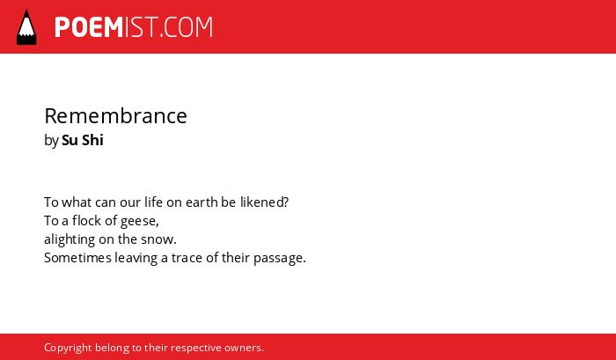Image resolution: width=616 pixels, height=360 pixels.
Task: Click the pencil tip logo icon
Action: click(26, 27)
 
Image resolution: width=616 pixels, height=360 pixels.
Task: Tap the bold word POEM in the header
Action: click(89, 27)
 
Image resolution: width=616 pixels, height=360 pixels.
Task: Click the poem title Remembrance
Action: click(115, 115)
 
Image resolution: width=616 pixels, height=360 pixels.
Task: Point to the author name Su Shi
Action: click(83, 140)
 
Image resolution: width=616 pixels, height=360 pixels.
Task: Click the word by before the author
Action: click(51, 141)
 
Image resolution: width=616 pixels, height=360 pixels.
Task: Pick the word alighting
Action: click(70, 239)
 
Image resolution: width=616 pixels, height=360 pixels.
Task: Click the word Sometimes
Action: click(77, 258)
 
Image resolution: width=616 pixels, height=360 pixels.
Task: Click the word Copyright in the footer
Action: click(68, 348)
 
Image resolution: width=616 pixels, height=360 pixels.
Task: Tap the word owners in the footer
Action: click(244, 348)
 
